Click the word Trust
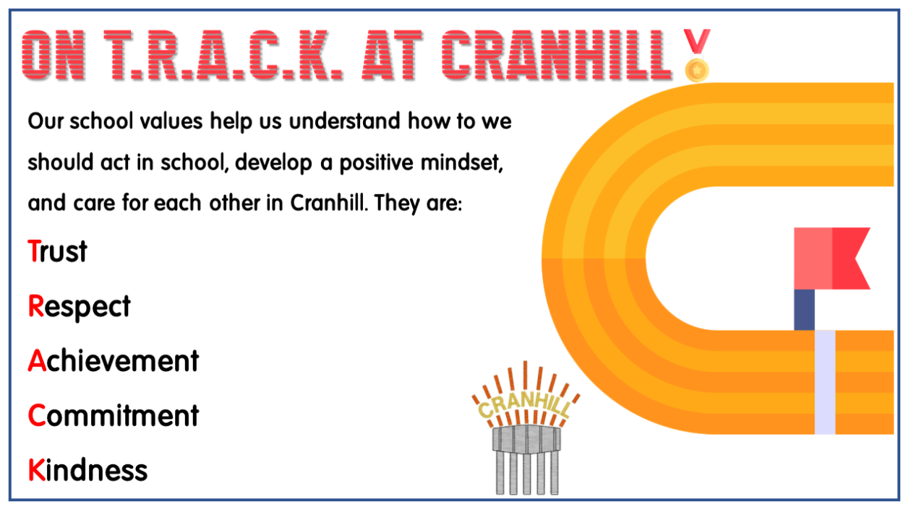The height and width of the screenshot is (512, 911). [x=58, y=251]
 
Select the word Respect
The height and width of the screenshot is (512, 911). [x=80, y=306]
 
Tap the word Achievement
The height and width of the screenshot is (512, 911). [x=114, y=360]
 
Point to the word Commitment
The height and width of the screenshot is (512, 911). [x=114, y=415]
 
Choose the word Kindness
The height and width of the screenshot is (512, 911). [x=87, y=470]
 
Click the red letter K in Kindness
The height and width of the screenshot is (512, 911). [x=36, y=470]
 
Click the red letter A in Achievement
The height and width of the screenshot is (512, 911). [x=37, y=360]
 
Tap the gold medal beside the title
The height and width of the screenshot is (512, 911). [x=697, y=69]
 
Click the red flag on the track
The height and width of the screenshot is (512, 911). [x=831, y=258]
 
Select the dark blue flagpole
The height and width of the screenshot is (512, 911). [x=804, y=309]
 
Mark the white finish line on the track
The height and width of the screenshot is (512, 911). [x=825, y=381]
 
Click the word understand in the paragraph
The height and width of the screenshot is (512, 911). [x=345, y=121]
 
